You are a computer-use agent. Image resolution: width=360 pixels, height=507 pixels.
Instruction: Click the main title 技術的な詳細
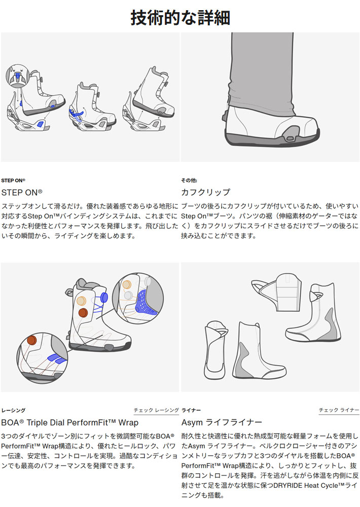(180, 17)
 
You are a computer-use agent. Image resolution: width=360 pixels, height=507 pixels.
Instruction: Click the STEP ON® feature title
(22, 193)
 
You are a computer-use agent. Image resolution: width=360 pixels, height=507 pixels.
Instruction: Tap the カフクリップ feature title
(206, 192)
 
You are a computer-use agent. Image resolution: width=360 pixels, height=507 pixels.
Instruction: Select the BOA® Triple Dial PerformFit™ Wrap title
(70, 423)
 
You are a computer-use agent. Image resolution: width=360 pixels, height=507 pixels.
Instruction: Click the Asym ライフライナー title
(222, 422)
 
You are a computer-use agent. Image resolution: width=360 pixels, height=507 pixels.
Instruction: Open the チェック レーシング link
(156, 410)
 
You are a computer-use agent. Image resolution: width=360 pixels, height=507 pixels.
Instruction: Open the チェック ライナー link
(339, 410)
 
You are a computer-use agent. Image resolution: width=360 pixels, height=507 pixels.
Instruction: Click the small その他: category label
(189, 180)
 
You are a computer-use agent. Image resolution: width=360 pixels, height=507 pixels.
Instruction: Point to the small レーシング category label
(13, 410)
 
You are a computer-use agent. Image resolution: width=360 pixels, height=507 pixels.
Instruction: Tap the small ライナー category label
(191, 410)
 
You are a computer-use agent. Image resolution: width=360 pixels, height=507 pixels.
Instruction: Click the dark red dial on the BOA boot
(83, 313)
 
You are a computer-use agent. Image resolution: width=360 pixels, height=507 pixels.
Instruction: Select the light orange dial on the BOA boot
(81, 301)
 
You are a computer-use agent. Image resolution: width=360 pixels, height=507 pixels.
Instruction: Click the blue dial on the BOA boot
(104, 297)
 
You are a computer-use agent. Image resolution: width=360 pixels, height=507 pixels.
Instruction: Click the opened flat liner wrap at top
(277, 292)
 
